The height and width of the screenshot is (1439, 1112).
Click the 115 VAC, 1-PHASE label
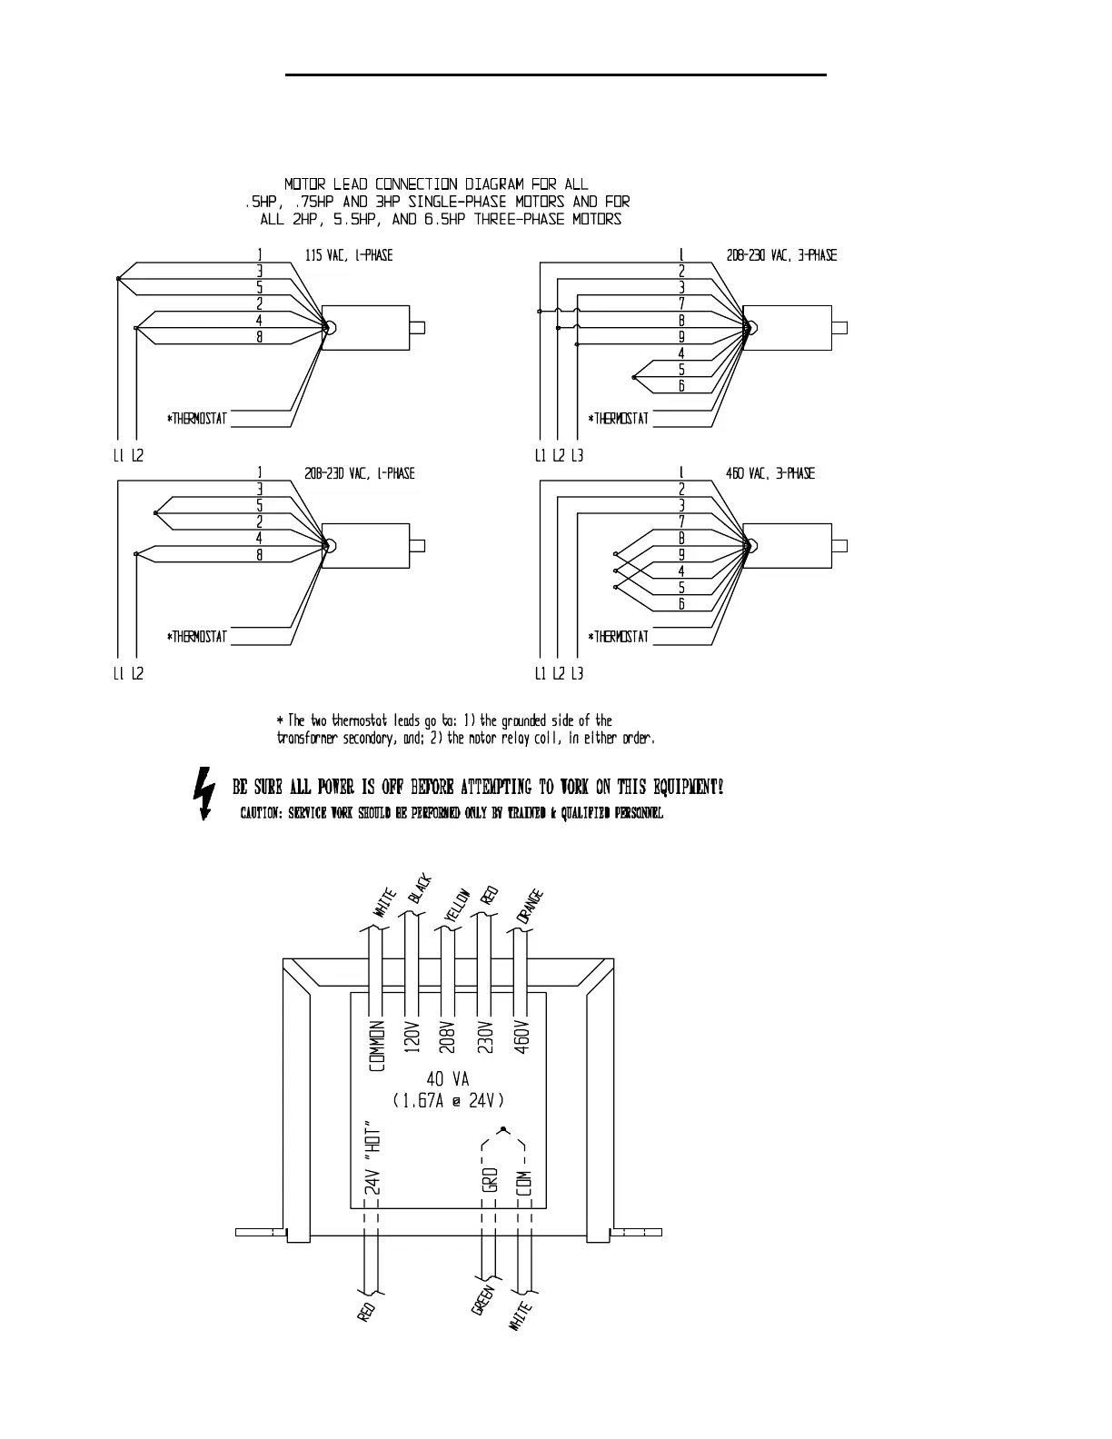coord(349,256)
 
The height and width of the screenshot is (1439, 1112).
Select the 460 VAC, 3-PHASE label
coord(770,474)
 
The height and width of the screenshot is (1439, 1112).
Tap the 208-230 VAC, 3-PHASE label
coord(781,256)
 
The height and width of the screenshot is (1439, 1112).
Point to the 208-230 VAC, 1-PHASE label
coord(360,474)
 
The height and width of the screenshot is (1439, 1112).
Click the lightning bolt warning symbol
coord(205,794)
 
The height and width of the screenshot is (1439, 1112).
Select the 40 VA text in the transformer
coord(448,1080)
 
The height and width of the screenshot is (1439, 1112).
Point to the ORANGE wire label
coord(531,907)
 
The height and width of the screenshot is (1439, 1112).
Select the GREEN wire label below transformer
coord(482,1300)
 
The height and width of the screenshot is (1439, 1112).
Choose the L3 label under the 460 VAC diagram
coord(577,674)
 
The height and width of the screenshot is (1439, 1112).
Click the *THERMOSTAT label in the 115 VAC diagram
coord(197,420)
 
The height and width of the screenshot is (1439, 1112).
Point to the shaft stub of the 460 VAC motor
coord(839,546)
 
